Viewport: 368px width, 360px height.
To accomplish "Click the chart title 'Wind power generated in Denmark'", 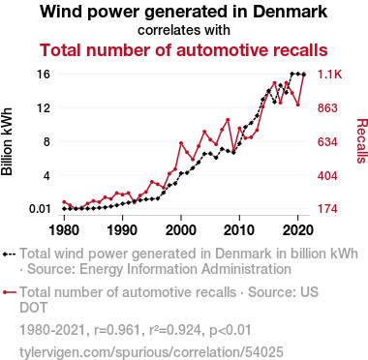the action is click(184, 12).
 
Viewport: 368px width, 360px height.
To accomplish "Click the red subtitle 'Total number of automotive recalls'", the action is click(184, 50).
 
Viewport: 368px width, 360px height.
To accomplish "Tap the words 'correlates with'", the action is click(184, 30).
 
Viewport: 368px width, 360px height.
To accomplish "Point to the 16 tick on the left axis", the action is click(45, 75).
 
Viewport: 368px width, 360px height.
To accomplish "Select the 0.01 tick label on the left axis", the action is click(40, 209).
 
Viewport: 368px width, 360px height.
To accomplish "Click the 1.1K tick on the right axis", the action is click(329, 75).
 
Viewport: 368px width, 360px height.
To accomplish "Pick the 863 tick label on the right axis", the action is click(327, 107).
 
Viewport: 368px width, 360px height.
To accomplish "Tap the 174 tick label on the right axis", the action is click(327, 209).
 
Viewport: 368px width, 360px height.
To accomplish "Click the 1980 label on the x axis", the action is click(64, 230).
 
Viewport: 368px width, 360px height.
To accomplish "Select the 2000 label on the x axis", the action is click(181, 230).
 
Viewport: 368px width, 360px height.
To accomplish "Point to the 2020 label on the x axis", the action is click(297, 230).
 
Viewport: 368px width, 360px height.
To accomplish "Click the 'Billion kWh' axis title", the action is click(7, 141).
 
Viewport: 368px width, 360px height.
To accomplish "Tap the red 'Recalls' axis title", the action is click(362, 141).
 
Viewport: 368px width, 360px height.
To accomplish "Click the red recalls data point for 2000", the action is click(181, 143).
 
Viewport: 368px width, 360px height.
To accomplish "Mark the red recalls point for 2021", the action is click(303, 75).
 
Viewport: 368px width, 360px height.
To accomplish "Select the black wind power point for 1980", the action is click(64, 209).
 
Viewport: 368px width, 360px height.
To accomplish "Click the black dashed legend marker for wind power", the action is click(9, 254).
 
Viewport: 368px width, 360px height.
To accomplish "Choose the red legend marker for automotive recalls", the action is click(9, 292).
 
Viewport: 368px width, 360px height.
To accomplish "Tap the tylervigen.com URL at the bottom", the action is click(151, 352).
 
